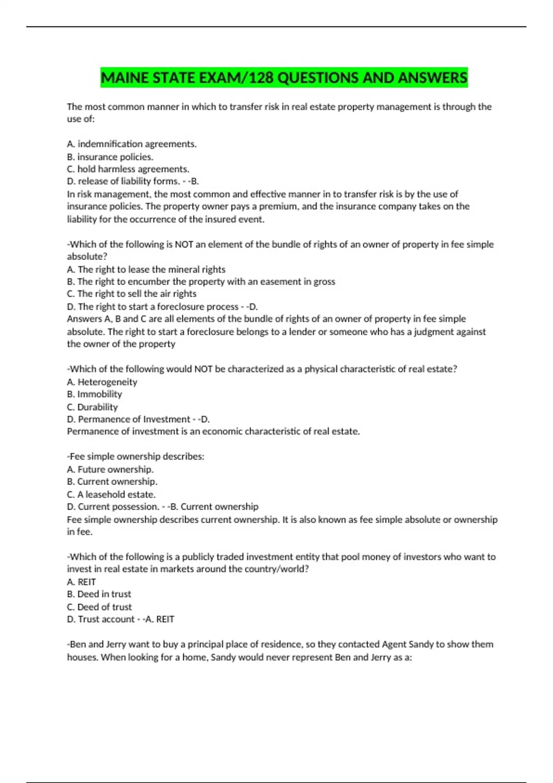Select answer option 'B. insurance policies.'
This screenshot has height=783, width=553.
tap(110, 157)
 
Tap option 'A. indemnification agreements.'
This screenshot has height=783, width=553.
tap(132, 144)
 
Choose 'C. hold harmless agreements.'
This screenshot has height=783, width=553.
tap(128, 169)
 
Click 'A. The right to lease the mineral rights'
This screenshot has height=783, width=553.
tap(146, 269)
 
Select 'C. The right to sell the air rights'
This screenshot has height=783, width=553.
tap(132, 294)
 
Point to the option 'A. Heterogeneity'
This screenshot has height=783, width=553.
tap(102, 382)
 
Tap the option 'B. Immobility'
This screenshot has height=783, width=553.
tap(94, 394)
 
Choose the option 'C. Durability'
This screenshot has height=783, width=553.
tap(92, 407)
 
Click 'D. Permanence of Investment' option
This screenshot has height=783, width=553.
tap(129, 419)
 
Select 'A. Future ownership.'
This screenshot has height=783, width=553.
tap(110, 469)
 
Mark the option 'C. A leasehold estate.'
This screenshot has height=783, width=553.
tap(111, 494)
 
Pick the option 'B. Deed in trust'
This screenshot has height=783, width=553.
tap(99, 594)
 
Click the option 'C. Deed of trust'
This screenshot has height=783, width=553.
tap(99, 607)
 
